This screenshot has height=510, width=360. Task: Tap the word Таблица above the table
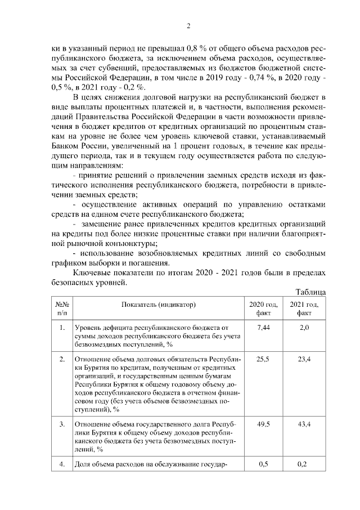(310, 292)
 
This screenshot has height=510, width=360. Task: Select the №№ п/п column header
(61, 308)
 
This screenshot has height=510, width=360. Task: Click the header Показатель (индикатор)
(158, 304)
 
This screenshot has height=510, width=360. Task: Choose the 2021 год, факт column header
(304, 308)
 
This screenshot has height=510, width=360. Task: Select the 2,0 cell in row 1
(304, 327)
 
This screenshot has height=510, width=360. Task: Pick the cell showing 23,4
(304, 359)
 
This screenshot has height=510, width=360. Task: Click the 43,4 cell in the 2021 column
(304, 423)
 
